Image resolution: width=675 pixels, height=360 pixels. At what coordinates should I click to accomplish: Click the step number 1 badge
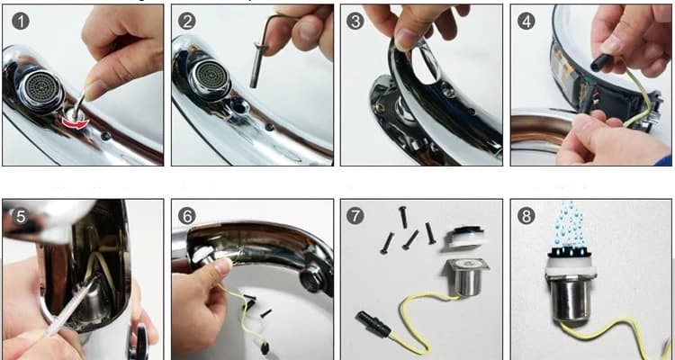(21, 21)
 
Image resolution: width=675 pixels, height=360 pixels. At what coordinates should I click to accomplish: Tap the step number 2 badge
(187, 21)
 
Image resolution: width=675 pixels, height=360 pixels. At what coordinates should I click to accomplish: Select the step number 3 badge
(355, 21)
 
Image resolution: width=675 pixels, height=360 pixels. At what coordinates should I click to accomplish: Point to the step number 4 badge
(526, 21)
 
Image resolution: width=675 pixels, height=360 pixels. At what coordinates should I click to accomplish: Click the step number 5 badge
(21, 216)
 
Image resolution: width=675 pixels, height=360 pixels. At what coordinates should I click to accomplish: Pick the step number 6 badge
(187, 216)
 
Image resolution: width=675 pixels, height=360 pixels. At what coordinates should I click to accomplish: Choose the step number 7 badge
(355, 216)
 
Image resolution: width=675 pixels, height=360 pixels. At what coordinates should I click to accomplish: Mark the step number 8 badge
(526, 216)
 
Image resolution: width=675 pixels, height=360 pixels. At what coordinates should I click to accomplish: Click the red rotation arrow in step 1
(75, 123)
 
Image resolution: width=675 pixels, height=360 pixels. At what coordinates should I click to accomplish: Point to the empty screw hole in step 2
(238, 106)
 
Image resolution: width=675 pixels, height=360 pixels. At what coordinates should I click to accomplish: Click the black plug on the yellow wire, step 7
(373, 325)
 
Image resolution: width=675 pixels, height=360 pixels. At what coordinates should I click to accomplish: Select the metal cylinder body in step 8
(570, 298)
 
